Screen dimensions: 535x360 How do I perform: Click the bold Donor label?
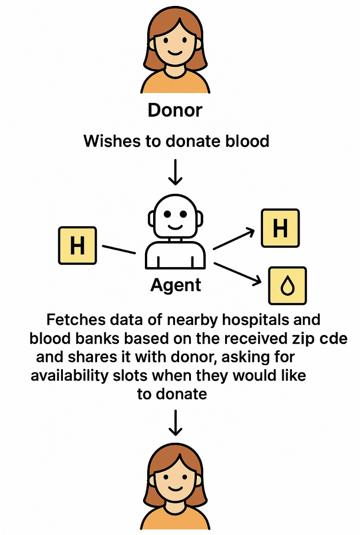[x=175, y=111]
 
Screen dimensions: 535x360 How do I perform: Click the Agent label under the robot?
[x=175, y=285]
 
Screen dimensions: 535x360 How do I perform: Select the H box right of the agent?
[x=280, y=228]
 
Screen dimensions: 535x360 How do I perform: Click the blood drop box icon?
[x=287, y=286]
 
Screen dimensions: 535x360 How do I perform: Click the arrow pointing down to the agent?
[x=175, y=172]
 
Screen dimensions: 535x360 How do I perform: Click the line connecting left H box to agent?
[x=119, y=250]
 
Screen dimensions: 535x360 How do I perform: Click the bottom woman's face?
[x=175, y=483]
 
